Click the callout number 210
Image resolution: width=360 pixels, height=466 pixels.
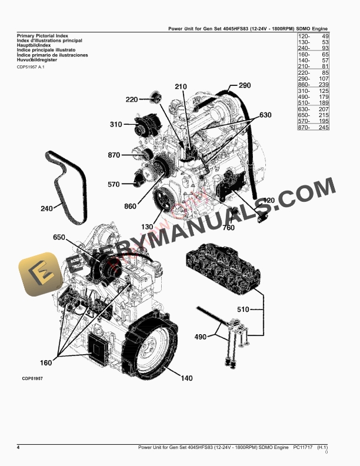[x=181, y=87]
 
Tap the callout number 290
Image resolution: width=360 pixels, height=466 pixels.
[x=245, y=86]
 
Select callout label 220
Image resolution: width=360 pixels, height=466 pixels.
[x=132, y=99]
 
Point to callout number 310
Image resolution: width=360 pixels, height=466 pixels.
[x=116, y=125]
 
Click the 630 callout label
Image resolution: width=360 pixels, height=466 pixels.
[x=265, y=115]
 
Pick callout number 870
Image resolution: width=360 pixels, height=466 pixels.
[x=114, y=155]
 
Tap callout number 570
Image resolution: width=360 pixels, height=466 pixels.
[x=114, y=184]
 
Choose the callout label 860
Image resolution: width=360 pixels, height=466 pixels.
[x=131, y=207]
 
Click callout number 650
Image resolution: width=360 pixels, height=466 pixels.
[x=59, y=237]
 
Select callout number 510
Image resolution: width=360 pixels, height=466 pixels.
[x=243, y=309]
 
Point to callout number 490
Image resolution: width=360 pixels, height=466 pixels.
[x=201, y=337]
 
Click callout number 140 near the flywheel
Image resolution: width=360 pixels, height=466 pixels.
[x=186, y=378]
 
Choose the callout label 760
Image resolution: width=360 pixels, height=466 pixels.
[x=228, y=228]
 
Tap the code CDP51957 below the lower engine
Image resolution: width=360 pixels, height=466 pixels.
[x=29, y=380]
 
